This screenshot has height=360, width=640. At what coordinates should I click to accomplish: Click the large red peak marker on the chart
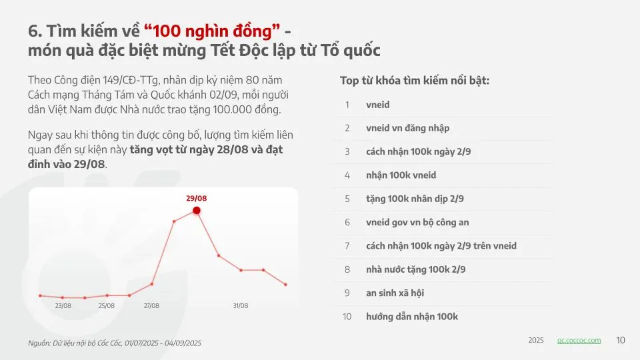pos(197,211)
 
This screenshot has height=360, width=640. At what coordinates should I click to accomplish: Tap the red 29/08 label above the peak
pos(196,199)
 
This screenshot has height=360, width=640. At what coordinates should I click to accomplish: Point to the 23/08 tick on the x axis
pos(63,306)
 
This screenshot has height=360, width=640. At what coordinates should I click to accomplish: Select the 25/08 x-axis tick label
pos(107,306)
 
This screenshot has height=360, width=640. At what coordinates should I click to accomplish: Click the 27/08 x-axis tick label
pos(151,306)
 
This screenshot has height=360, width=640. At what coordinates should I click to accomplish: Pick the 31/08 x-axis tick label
pos(241,306)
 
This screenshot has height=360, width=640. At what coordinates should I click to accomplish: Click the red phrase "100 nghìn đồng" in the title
pos(212,31)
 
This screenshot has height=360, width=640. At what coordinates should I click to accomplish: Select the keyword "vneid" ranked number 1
pos(377,105)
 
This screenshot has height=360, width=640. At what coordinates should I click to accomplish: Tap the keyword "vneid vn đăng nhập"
pos(408,128)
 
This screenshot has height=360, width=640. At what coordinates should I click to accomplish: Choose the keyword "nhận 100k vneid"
pos(401,175)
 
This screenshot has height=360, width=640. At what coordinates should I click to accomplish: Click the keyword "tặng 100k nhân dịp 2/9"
pos(415,199)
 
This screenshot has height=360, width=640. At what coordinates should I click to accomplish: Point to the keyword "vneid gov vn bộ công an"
pos(417,223)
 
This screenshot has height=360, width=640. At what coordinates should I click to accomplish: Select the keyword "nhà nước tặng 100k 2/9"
pos(415,269)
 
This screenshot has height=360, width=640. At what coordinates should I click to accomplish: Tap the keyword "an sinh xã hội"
pos(395,293)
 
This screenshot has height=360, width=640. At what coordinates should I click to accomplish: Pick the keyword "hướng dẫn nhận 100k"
pos(412,317)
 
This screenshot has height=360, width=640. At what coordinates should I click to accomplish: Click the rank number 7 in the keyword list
pos(347,246)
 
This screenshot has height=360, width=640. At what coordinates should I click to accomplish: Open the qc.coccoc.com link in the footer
pos(579,341)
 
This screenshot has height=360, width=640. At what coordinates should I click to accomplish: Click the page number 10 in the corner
pos(621,341)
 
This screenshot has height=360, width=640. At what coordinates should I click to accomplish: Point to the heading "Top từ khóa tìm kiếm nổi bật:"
pos(415,81)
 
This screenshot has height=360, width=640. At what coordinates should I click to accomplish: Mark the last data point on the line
pos(286,285)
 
